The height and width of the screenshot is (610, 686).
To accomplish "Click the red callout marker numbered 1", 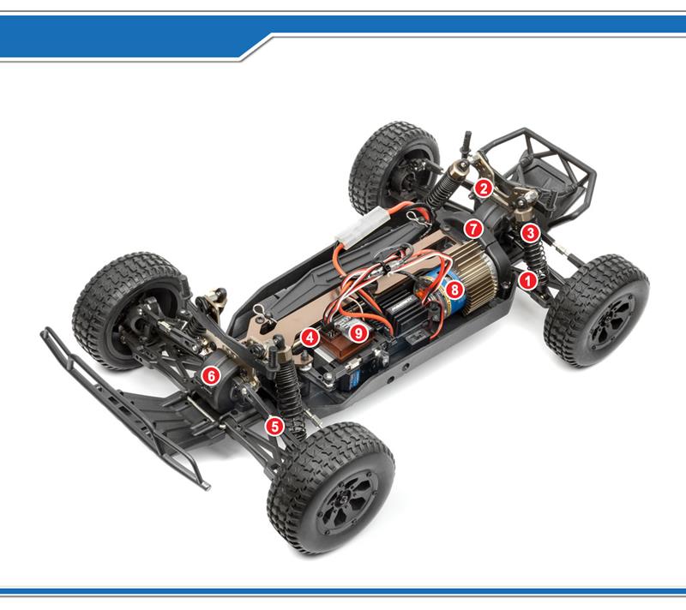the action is [x=527, y=280].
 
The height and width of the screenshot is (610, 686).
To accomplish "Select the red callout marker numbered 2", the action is [x=483, y=188].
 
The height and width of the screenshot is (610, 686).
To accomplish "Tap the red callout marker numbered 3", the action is [x=530, y=232].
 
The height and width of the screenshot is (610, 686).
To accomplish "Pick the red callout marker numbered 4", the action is [x=310, y=338].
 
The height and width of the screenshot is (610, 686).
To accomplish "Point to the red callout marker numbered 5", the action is [x=274, y=426].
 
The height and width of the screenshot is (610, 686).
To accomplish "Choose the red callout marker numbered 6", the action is [x=211, y=375].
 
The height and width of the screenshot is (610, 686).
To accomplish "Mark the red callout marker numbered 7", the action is [x=473, y=229].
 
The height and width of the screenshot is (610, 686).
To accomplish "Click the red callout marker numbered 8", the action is [x=454, y=289].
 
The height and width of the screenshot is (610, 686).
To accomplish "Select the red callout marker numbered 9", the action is [x=358, y=333].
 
